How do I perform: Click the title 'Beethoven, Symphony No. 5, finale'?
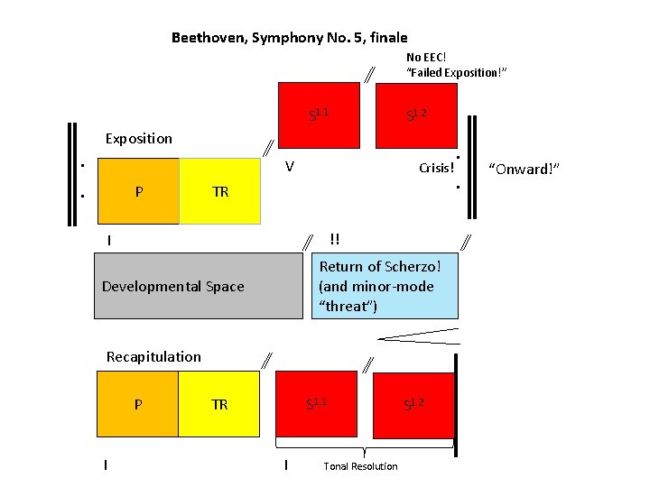pos(289,38)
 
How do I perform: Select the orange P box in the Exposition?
pos(137,191)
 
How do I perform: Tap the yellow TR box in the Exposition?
pos(220,191)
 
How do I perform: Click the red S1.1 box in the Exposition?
pos(317,115)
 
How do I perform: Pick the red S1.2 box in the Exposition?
pos(415,115)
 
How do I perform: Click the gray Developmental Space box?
pos(198,286)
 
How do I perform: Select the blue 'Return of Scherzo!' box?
pos(385,286)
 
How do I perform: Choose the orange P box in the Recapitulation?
pos(137,405)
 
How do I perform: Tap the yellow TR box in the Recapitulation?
pos(220,405)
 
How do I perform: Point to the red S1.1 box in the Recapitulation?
pos(317,405)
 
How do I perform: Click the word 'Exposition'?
pos(138,139)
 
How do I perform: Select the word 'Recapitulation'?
pos(153,356)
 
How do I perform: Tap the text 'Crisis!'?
pos(437,169)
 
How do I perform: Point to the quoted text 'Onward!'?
pos(525,169)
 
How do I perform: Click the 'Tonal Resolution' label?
pos(360,466)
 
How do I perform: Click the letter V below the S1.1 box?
pos(289,167)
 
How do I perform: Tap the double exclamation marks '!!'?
pos(335,239)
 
